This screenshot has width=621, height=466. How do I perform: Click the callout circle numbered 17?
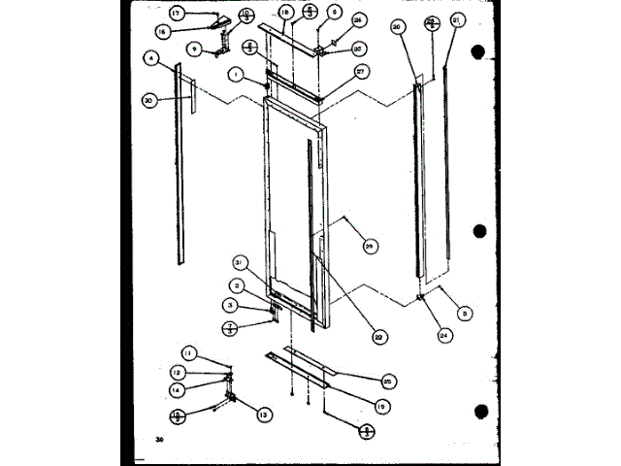(176, 14)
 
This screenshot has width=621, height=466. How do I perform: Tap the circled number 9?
(195, 48)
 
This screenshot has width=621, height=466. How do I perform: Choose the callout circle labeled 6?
(334, 12)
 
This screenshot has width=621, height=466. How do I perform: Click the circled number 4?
(150, 59)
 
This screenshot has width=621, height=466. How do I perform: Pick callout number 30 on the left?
(148, 100)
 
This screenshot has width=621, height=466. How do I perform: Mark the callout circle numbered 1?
(236, 74)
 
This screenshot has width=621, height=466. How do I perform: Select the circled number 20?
(397, 27)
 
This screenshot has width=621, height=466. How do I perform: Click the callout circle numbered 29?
(369, 247)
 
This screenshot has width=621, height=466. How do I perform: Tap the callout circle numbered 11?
(190, 351)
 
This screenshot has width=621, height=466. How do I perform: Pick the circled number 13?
(263, 415)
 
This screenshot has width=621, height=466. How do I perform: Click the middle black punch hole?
(479, 232)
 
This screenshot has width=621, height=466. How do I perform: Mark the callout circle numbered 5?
(466, 314)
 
